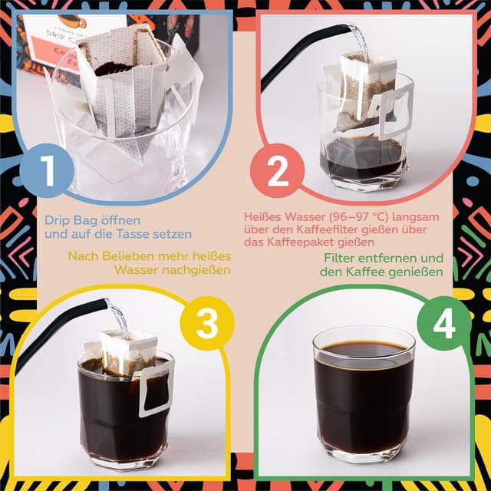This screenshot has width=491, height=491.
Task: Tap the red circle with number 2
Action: click(278, 171)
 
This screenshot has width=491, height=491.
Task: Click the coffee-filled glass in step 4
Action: click(364, 399)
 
